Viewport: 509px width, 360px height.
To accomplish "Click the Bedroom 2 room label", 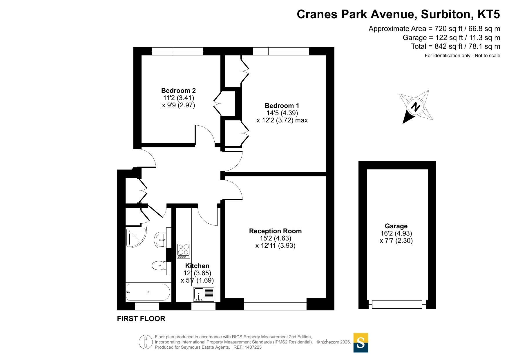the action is (x=178, y=91).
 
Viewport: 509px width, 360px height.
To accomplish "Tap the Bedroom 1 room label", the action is (x=282, y=106).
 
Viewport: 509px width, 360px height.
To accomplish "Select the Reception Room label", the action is (x=275, y=231).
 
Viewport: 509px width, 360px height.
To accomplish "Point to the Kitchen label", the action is (x=197, y=266).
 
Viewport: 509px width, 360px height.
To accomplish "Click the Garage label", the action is (x=396, y=226).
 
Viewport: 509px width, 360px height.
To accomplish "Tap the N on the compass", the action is (x=416, y=107).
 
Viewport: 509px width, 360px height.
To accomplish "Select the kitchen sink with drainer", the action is (x=204, y=294).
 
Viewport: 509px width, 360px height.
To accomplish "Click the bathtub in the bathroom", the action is (x=148, y=292).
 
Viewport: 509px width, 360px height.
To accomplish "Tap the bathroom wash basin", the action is (x=160, y=240).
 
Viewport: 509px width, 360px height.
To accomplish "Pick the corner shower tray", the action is (x=136, y=237).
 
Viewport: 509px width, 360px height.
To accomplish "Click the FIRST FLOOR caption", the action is (x=141, y=319).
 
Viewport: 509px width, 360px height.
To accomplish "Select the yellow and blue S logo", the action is (x=361, y=343).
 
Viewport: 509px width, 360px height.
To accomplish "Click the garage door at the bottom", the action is (x=397, y=304).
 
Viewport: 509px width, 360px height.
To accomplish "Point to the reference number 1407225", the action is (x=253, y=347).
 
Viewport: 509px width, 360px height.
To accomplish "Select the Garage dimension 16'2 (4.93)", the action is (x=396, y=233).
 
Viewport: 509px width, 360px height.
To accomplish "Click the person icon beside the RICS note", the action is (x=146, y=342).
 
